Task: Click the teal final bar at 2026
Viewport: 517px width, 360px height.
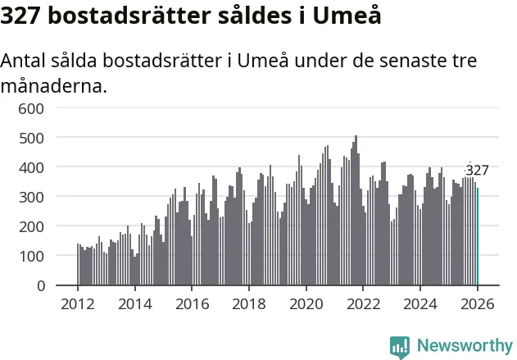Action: [x=478, y=237]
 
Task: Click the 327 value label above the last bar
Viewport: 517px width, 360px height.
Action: [x=477, y=171]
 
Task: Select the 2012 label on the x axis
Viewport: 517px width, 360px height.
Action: [x=78, y=305]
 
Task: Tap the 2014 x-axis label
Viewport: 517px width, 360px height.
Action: [x=134, y=305]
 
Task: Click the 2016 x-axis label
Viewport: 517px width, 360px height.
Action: [x=192, y=305]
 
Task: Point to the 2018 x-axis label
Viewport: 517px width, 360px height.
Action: [x=248, y=305]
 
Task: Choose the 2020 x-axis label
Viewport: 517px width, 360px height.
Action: [x=306, y=305]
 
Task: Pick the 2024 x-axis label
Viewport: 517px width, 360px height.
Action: [x=420, y=305]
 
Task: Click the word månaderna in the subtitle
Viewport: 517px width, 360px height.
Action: [x=54, y=84]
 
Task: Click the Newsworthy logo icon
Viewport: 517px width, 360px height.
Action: [x=400, y=346]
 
